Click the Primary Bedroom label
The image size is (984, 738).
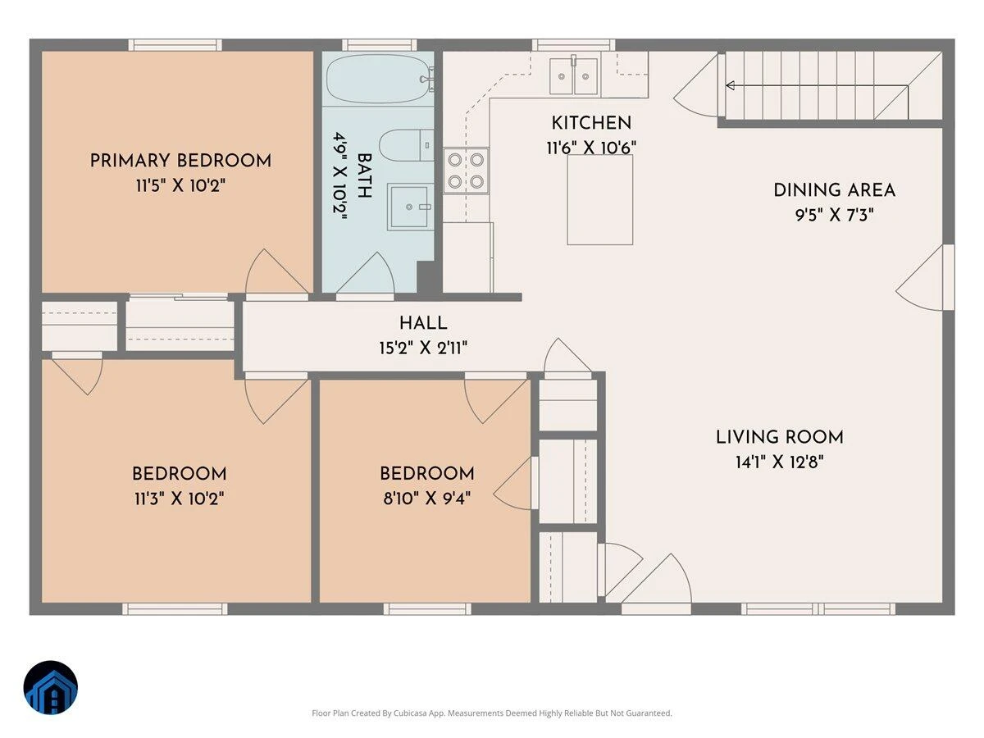(x=180, y=161)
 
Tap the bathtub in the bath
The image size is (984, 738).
(x=379, y=79)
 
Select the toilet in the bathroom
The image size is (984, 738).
(x=406, y=145)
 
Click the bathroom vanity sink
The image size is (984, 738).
(x=410, y=207)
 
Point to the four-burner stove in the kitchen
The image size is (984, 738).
(x=466, y=171)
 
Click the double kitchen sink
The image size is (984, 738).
(x=574, y=76)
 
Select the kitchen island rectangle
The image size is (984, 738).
(x=599, y=200)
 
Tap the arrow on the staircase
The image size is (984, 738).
(x=817, y=85)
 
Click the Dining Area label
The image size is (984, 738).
(x=834, y=190)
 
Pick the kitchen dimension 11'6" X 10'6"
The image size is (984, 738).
(x=591, y=148)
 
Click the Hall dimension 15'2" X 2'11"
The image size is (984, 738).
(x=423, y=348)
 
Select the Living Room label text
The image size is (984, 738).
(x=780, y=437)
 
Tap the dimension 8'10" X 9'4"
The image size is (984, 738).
(x=426, y=499)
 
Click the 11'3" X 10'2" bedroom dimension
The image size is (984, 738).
(x=180, y=499)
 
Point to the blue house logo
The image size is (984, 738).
(x=51, y=687)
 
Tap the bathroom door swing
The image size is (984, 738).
(x=366, y=273)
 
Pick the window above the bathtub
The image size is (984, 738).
(x=380, y=45)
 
